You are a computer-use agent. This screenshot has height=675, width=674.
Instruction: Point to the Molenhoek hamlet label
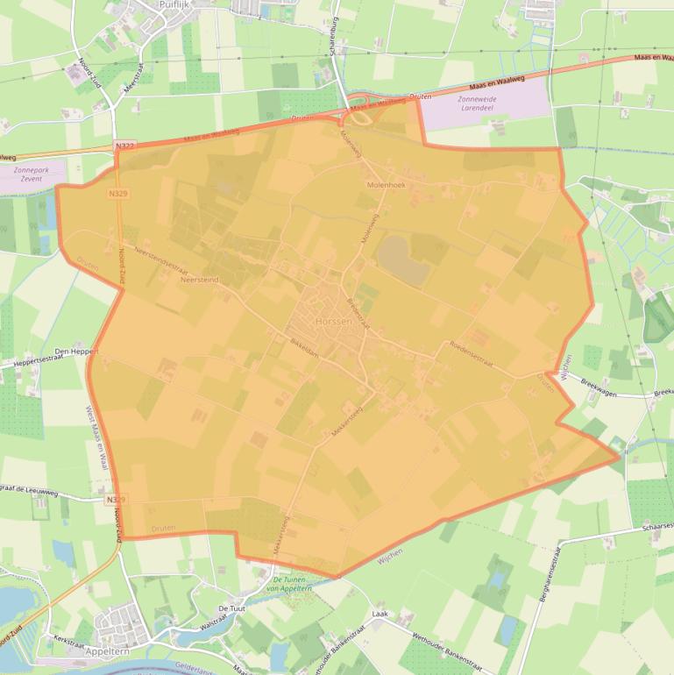click(x=386, y=185)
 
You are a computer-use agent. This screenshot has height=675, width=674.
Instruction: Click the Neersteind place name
click(x=199, y=281)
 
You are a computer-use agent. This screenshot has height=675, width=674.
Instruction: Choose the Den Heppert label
click(x=75, y=351)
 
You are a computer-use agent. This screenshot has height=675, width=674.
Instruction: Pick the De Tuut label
click(x=231, y=607)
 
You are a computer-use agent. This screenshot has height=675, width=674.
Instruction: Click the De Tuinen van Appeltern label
click(x=292, y=584)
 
